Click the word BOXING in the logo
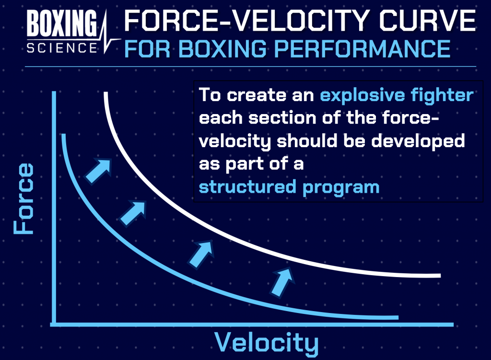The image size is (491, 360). click(62, 23)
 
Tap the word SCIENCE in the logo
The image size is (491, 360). click(62, 48)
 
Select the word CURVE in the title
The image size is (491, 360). click(428, 21)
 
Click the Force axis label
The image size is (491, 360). click(23, 199)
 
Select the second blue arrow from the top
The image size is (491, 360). click(133, 213)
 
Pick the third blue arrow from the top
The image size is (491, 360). click(201, 255)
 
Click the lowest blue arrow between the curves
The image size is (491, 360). click(282, 282)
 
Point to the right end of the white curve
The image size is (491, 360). click(440, 276)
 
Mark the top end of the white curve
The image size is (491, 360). click(106, 93)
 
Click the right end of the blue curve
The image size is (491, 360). click(398, 317)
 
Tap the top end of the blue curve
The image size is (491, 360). click(64, 135)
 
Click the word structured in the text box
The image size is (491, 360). click(247, 187)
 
